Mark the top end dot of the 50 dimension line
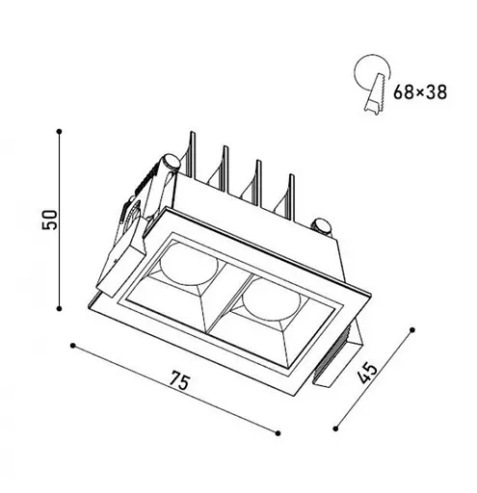(60, 129)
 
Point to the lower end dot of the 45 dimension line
(334, 427)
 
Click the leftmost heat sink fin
(195, 154)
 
